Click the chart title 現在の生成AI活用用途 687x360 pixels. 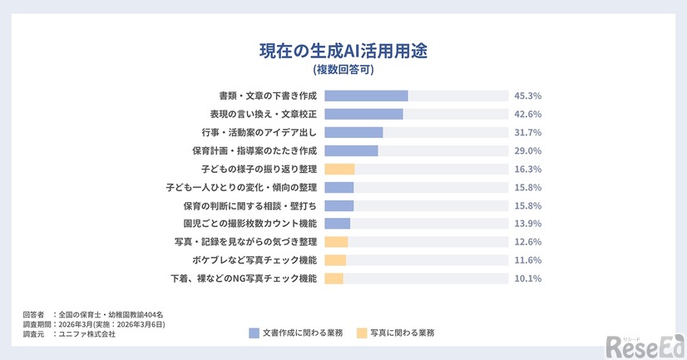(x=343, y=50)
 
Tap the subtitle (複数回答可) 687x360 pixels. (x=343, y=70)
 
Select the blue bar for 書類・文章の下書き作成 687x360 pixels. (x=366, y=96)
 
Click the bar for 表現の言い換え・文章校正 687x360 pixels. (x=363, y=114)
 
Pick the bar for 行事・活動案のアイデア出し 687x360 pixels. (x=353, y=132)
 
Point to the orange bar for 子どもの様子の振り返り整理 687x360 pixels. (x=339, y=169)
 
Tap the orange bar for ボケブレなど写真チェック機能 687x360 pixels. (x=335, y=260)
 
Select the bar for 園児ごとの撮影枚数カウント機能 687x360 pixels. (x=337, y=224)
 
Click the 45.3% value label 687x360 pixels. (x=528, y=96)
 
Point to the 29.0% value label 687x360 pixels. (x=528, y=150)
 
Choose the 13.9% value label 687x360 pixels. (x=528, y=224)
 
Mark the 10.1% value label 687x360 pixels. (x=528, y=279)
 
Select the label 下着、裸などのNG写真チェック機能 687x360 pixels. (x=244, y=279)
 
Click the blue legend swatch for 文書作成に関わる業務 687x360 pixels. (x=255, y=333)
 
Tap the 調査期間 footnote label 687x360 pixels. (x=37, y=324)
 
